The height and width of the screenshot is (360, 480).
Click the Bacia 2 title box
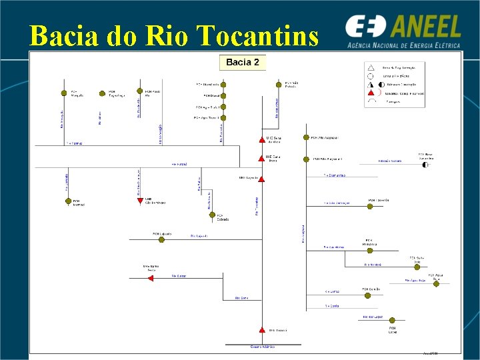pyautogui.click(x=243, y=63)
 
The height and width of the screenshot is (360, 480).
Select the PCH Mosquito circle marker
pyautogui.click(x=64, y=93)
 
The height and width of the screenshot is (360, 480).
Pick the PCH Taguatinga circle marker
pyautogui.click(x=102, y=93)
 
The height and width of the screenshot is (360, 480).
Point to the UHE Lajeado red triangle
pyautogui.click(x=261, y=179)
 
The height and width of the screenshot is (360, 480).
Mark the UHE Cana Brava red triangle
pyautogui.click(x=261, y=159)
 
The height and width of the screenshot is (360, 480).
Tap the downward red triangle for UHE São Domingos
pyautogui.click(x=139, y=200)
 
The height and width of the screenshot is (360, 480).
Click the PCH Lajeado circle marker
pyautogui.click(x=161, y=239)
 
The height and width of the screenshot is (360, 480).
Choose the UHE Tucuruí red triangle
pyautogui.click(x=261, y=330)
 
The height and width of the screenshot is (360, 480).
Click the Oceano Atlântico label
pyautogui.click(x=262, y=347)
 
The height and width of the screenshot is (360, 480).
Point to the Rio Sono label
pyautogui.click(x=241, y=298)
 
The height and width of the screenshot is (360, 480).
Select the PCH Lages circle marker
pyautogui.click(x=392, y=317)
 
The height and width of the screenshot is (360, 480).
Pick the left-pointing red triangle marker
pyautogui.click(x=151, y=278)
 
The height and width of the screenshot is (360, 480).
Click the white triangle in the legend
pyautogui.click(x=371, y=67)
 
